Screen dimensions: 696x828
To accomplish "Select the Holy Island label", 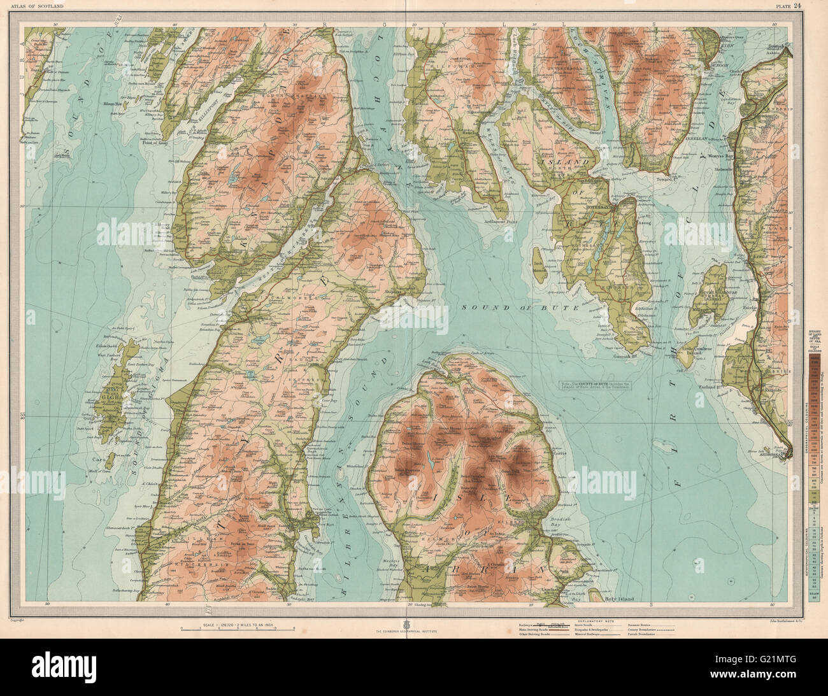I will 620,597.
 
